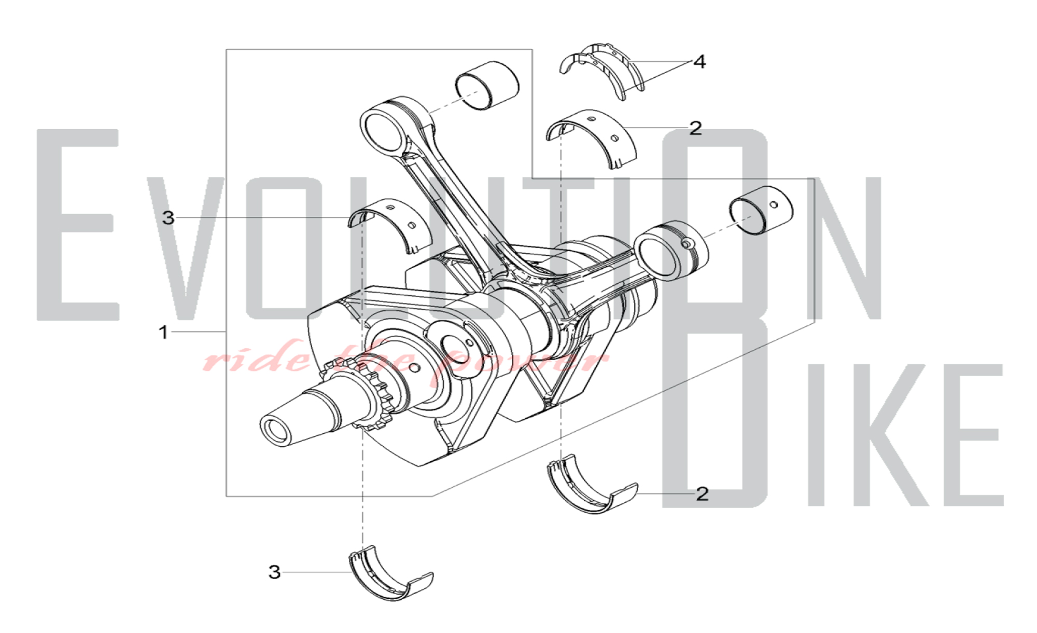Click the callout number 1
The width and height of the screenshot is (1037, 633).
163,332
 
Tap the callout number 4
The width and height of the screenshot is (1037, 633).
699,62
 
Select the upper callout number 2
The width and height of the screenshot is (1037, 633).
695,128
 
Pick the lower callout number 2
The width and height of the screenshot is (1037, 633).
702,494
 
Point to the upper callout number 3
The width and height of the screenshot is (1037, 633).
168,218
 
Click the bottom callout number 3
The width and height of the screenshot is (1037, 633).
274,572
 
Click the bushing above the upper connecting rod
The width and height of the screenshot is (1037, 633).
487,86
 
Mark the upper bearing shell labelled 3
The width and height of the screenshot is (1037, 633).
389,226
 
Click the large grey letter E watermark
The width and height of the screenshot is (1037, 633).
78,224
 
